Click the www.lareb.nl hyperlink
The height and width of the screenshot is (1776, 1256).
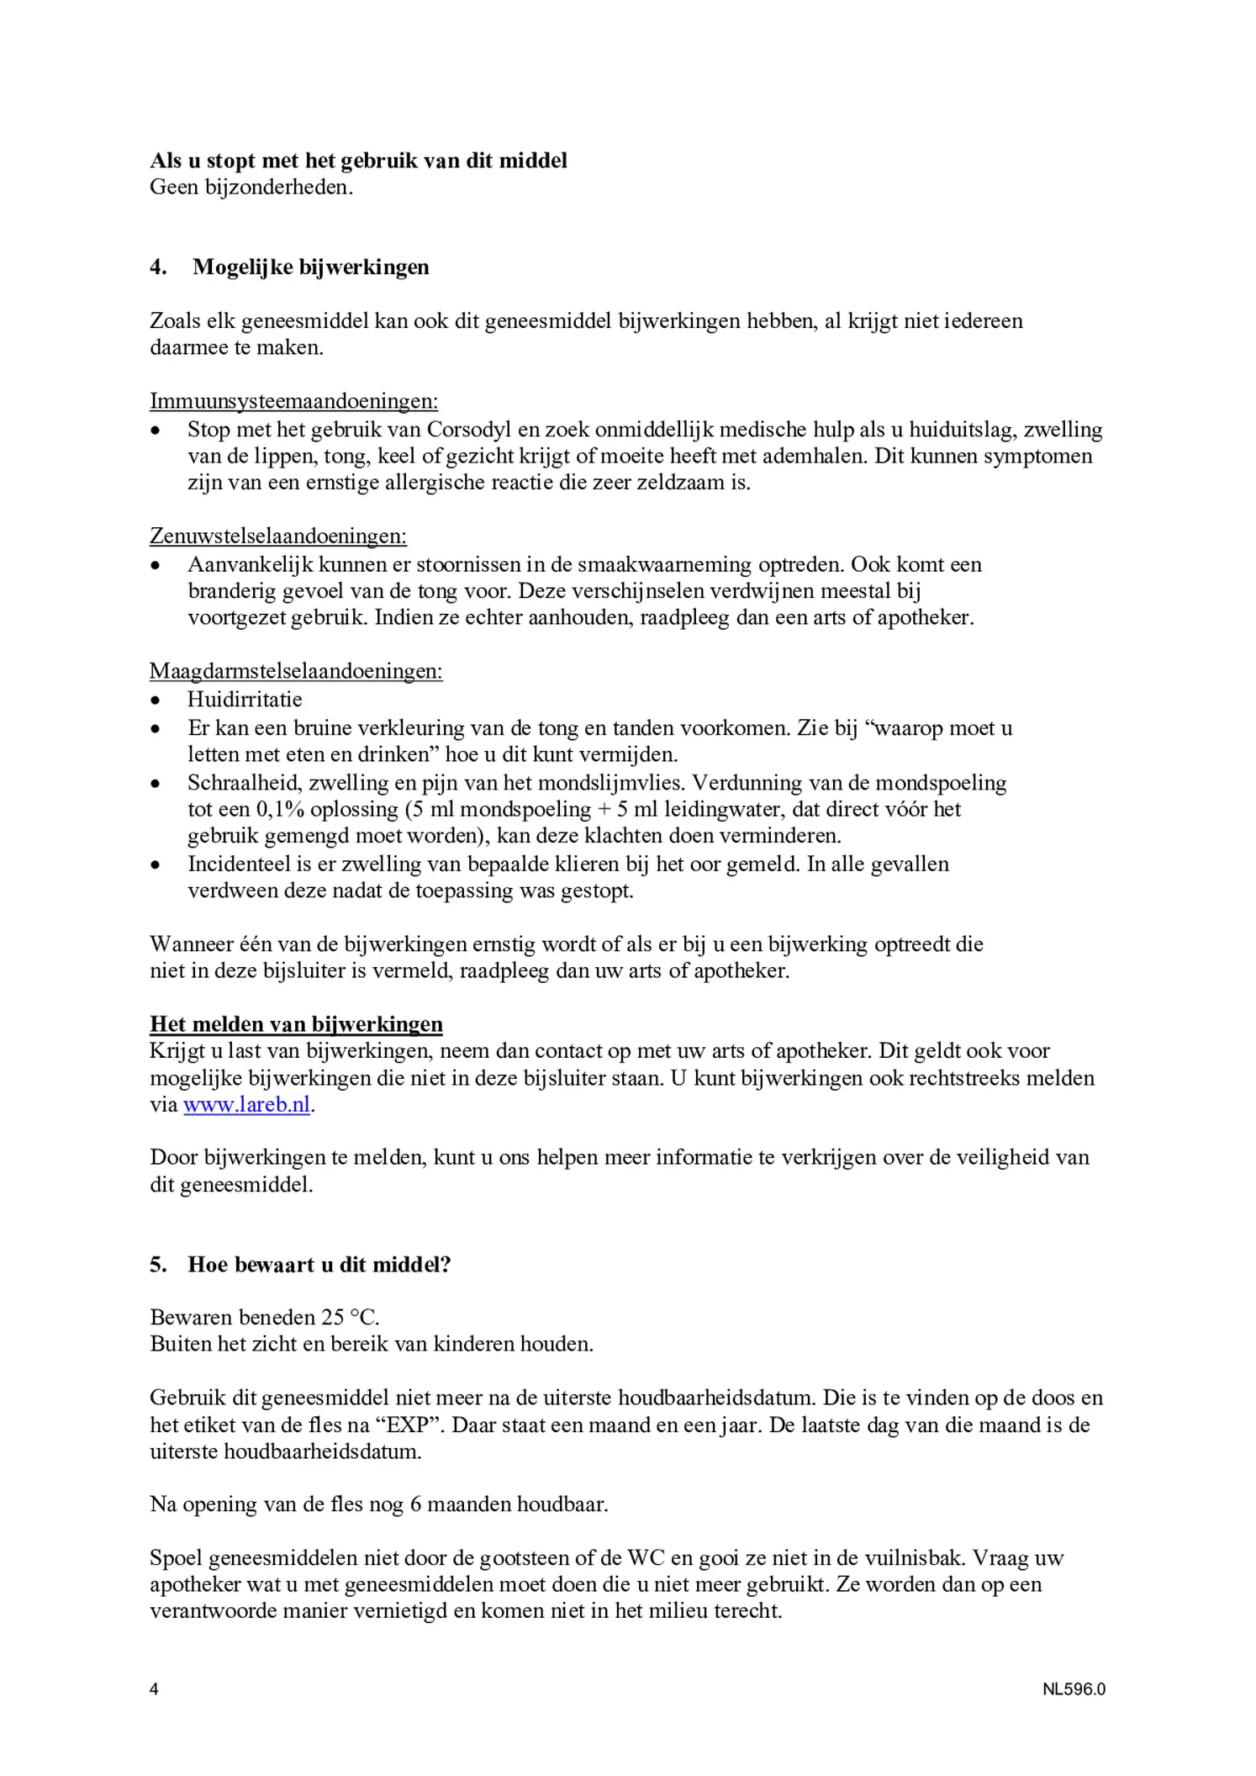246,1105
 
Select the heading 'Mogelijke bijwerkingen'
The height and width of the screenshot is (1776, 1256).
310,267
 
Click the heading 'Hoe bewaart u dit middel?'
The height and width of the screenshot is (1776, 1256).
319,1265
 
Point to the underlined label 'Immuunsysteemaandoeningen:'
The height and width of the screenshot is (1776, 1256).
293,401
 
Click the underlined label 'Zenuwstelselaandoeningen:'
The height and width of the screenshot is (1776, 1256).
278,536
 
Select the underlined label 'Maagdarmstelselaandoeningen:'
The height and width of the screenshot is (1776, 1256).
296,671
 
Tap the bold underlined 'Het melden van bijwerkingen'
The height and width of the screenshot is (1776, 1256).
296,1024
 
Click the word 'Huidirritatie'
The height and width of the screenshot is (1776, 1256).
245,700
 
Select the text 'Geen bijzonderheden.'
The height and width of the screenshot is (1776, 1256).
251,187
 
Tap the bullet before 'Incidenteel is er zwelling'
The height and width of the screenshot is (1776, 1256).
155,865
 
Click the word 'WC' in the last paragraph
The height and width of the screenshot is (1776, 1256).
646,1558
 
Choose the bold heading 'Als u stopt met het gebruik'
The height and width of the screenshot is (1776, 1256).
358,160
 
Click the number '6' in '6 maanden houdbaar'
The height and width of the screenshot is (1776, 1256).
415,1504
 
